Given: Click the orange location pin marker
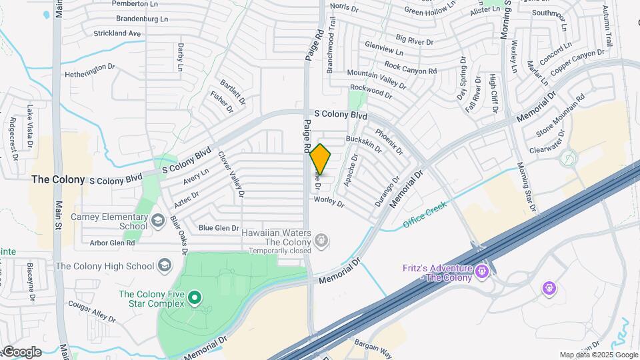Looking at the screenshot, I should pos(321,159).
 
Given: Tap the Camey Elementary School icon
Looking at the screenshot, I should pos(158,220).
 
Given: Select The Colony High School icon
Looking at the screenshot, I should pos(163,266).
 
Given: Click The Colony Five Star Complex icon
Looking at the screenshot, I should pos(194,297).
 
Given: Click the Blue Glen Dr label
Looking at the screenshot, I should pos(219,228).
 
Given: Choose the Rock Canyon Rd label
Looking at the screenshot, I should pos(410,67).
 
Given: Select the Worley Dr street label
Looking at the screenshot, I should pos(329,199).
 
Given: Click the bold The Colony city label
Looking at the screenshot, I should pos(59,179).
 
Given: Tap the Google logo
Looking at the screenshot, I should pos(22,351).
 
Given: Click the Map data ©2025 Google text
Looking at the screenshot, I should pos(599,355).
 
